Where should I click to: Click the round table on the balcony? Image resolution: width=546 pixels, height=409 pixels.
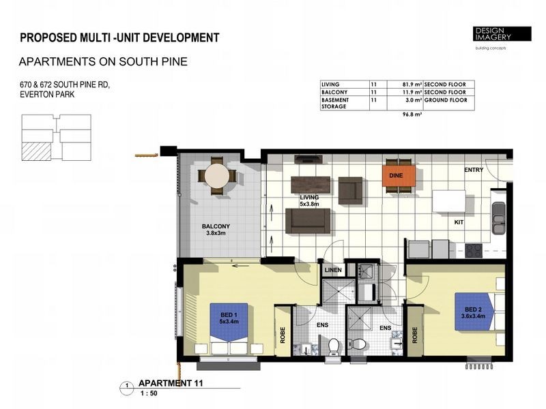[218, 176]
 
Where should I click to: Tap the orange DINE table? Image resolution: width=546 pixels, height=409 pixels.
[398, 175]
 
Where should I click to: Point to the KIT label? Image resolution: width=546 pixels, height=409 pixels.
[460, 222]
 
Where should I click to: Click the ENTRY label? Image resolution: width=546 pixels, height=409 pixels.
[474, 170]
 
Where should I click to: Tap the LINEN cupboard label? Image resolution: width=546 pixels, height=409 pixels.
[333, 270]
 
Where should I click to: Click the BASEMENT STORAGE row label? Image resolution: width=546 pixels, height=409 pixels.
[335, 103]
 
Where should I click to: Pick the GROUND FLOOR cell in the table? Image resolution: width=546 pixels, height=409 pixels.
[445, 100]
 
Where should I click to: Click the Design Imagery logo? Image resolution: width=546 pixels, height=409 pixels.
[502, 35]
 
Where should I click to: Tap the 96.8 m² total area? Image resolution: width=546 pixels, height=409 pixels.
[412, 115]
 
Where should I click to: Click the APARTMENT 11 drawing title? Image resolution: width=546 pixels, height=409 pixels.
[171, 384]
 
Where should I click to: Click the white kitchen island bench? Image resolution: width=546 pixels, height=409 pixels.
[449, 202]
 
